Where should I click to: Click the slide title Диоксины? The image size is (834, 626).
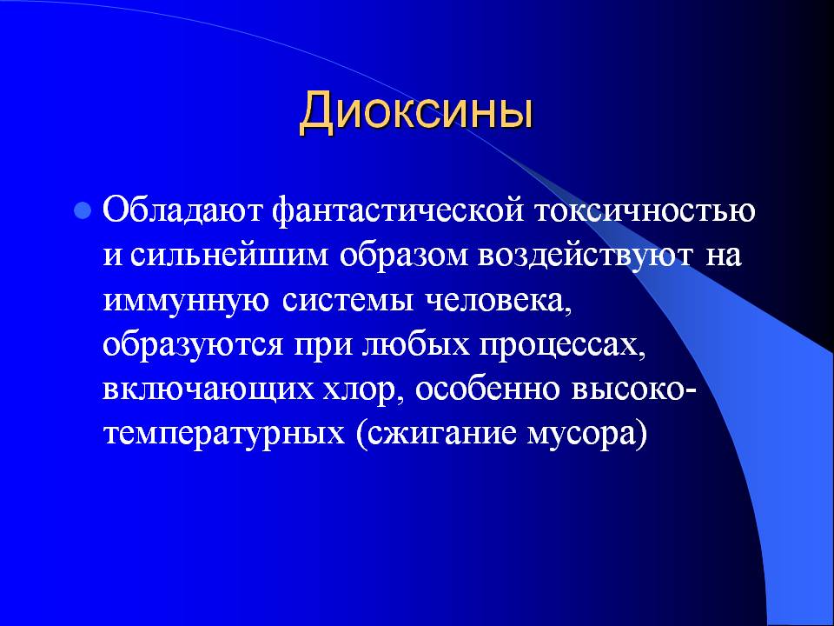point(416,113)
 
